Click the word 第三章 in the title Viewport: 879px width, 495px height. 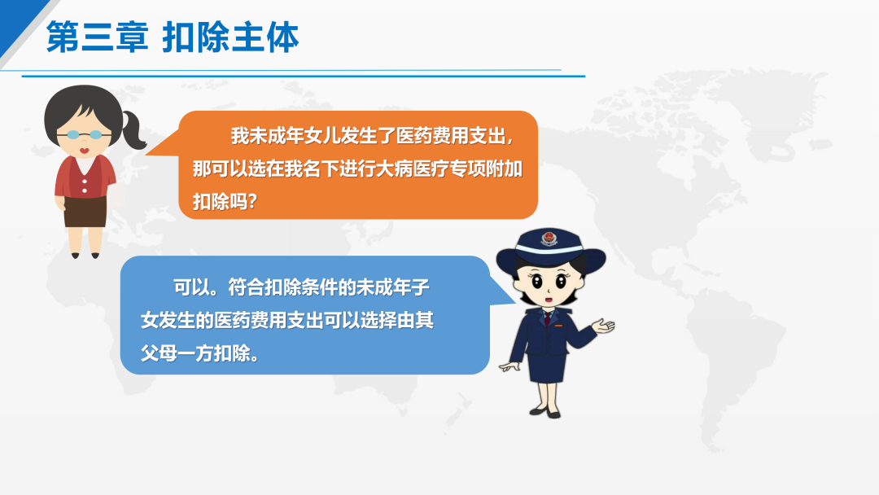[x=97, y=37]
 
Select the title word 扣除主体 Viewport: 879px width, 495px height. [x=230, y=37]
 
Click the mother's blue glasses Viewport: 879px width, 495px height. [x=84, y=134]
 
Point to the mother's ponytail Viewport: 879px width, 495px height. [x=133, y=129]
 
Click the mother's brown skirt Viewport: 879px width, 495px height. [x=85, y=212]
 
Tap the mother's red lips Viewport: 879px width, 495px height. [x=84, y=151]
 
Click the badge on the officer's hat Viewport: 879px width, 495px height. [x=549, y=239]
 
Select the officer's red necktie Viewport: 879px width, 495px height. [x=547, y=318]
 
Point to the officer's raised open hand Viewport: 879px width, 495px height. [x=604, y=326]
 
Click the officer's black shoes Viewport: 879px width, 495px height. [x=544, y=413]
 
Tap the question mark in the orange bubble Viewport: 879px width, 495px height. [x=251, y=201]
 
